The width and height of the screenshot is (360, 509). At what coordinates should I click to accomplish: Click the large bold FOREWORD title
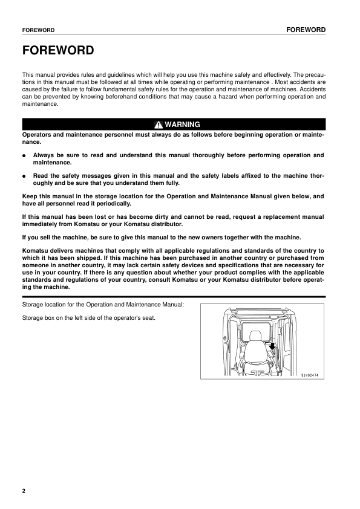pos(57,50)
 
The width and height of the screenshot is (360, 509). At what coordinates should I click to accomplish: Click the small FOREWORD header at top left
pos(38,30)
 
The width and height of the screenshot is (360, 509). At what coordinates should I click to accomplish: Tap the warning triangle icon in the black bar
pos(158,125)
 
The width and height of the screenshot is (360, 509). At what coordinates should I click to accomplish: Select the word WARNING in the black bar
pos(182,125)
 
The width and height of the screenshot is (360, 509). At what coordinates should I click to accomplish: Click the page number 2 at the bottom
pos(24,490)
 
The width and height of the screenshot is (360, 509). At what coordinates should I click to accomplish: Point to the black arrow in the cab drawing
pos(273,346)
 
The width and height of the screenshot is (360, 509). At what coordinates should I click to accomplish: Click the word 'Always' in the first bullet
pos(44,155)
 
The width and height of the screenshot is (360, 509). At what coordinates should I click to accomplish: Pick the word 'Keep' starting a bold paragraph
pos(30,196)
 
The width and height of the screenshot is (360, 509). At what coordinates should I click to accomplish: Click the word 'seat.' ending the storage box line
pos(148,319)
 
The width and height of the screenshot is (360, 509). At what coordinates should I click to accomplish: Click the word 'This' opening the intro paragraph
pos(28,73)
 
